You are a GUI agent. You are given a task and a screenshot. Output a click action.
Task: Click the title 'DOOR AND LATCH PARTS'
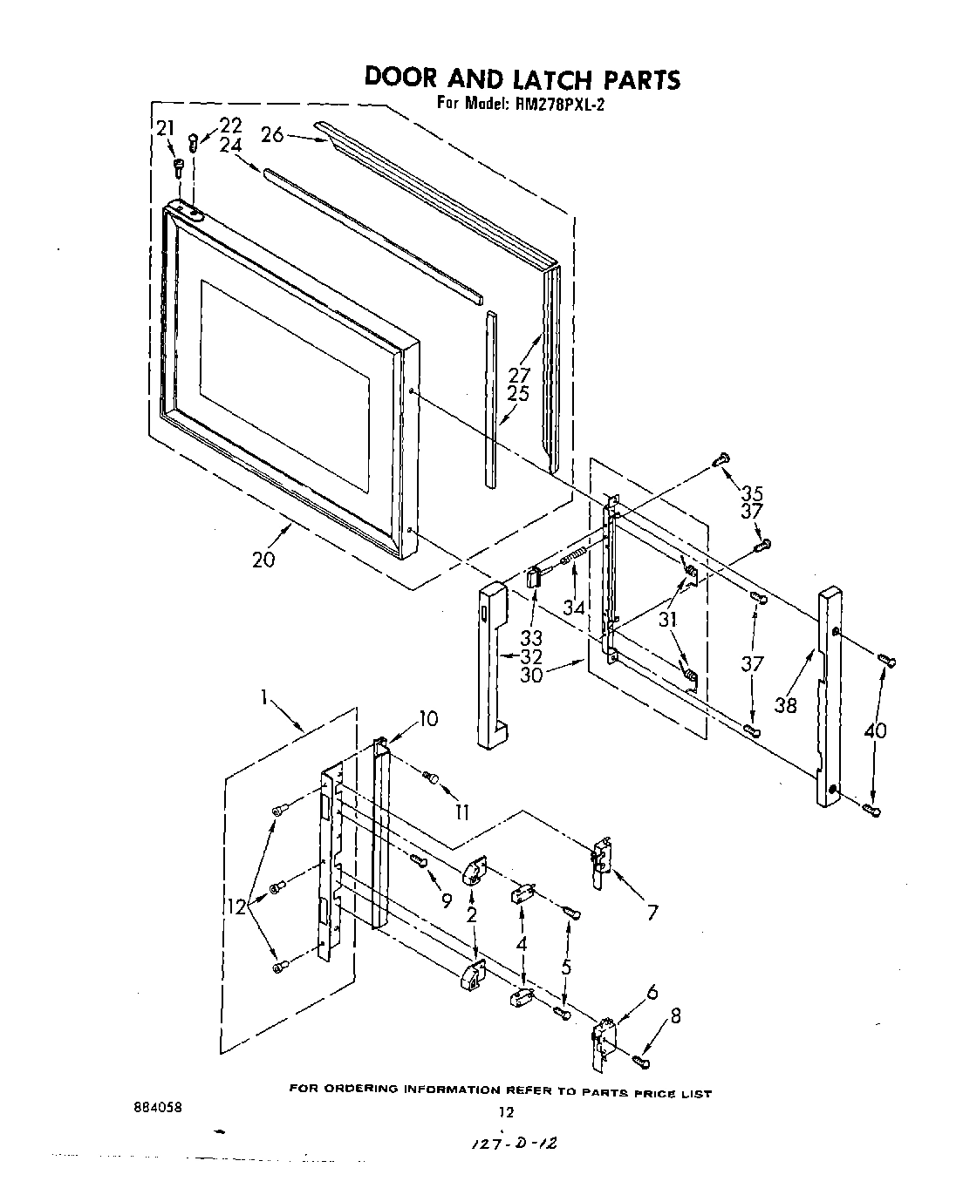[521, 78]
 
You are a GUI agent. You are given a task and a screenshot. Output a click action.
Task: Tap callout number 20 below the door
[263, 559]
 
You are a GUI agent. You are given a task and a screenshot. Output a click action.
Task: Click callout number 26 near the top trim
[272, 134]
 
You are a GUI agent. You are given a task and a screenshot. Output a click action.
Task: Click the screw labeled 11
[429, 776]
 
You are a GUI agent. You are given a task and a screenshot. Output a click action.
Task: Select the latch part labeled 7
[600, 863]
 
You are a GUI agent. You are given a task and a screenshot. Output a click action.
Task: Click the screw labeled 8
[641, 1061]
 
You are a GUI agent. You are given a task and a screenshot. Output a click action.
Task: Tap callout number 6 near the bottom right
[651, 992]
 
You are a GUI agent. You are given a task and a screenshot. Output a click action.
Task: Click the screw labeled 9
[417, 861]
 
